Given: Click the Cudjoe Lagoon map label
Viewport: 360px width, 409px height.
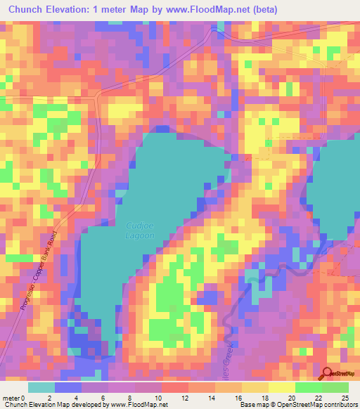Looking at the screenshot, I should [x=141, y=229].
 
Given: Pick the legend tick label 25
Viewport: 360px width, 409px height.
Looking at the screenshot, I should [x=345, y=397].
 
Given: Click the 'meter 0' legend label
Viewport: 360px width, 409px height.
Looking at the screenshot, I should [x=14, y=397].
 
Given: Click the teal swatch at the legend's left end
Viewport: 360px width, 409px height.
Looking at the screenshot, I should [x=41, y=387].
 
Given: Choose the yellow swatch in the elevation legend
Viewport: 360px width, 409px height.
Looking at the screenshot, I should [x=281, y=387].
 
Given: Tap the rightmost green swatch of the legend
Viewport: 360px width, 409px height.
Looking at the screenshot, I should [x=335, y=387].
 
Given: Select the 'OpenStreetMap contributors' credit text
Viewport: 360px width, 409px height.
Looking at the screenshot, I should [x=321, y=405].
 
